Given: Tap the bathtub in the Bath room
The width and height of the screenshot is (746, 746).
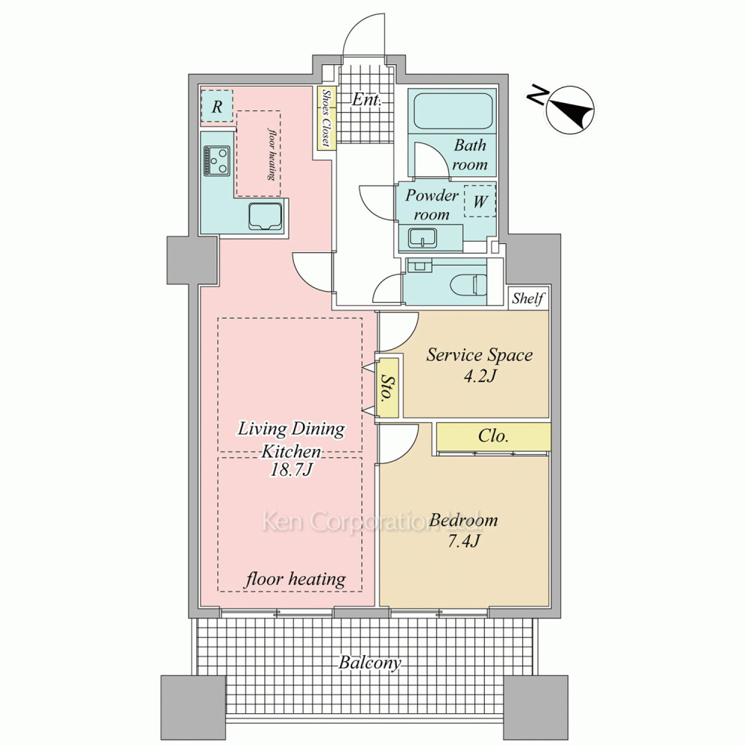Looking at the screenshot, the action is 452,111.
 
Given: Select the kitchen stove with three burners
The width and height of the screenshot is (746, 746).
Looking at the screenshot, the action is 216,160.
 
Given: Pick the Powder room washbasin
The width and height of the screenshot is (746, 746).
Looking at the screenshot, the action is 422,238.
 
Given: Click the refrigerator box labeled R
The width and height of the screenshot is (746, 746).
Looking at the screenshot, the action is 217,106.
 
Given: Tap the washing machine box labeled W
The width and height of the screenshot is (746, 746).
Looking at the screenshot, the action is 480,201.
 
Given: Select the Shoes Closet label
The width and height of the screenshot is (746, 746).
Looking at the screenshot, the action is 327,118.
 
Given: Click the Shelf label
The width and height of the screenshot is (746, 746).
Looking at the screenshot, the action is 528,299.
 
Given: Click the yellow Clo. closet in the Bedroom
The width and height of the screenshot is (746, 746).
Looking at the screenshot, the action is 493,436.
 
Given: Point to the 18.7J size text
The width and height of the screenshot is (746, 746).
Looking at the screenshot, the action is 291,470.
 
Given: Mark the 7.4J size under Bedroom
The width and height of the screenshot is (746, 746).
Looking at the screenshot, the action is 464,541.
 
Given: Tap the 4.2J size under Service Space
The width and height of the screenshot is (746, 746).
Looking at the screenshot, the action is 480,376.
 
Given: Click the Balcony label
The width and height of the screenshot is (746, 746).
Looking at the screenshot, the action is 370,662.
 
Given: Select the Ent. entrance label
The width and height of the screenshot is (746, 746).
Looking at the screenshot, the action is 366,100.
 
